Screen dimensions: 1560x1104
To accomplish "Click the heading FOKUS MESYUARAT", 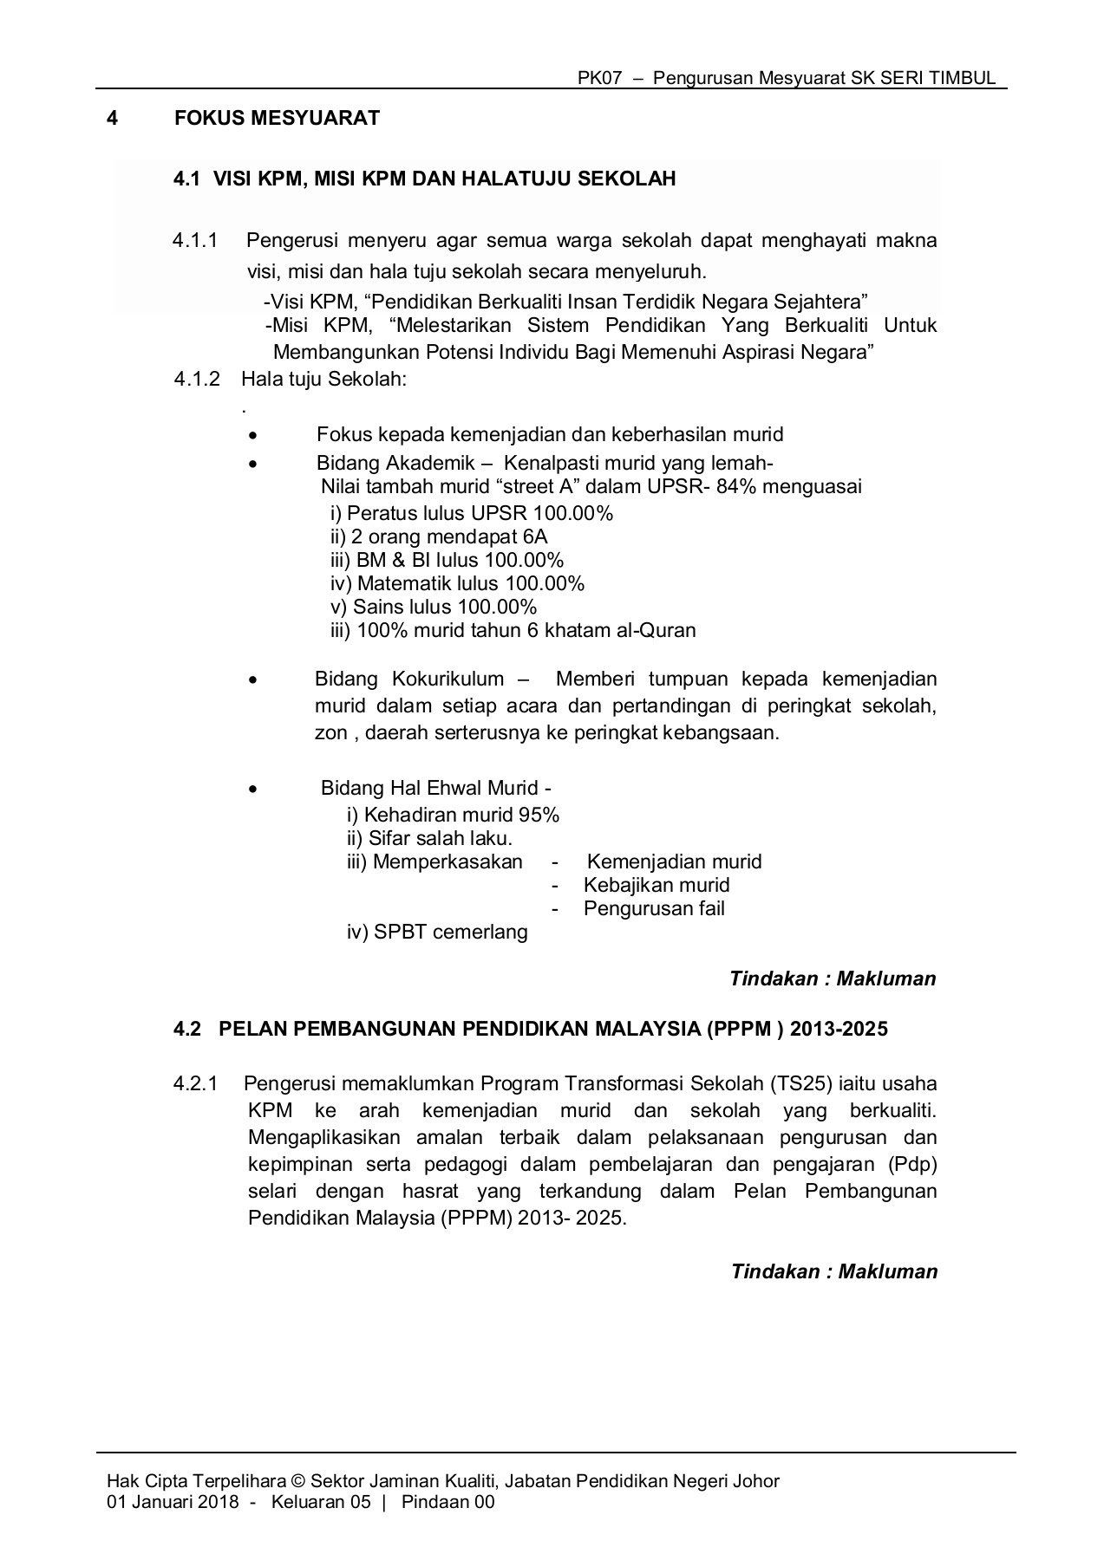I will [x=278, y=118].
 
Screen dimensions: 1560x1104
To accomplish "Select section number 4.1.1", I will [x=195, y=240].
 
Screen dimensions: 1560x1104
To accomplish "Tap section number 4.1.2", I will [x=197, y=379].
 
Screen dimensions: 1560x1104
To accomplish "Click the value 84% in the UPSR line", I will [x=737, y=486].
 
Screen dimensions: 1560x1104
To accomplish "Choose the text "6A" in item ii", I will [x=534, y=536].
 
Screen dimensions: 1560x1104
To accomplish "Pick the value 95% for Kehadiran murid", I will [x=539, y=815].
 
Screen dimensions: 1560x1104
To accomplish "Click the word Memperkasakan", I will [x=447, y=861].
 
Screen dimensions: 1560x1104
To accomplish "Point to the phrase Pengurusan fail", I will [x=654, y=908].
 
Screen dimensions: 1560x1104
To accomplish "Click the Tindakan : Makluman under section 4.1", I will [x=833, y=978].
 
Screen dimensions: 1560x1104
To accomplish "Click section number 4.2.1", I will [x=196, y=1083].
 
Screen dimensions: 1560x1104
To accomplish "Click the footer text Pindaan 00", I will [x=447, y=1502].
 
